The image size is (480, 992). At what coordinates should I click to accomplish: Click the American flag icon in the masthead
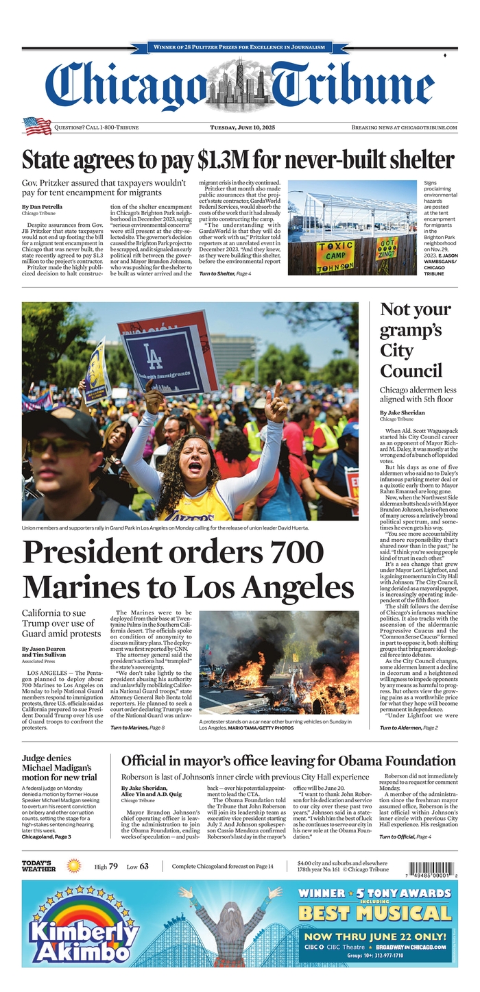(37, 127)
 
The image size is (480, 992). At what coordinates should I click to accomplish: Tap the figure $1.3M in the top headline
(224, 160)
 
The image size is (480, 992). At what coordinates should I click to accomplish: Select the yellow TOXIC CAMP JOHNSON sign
(335, 255)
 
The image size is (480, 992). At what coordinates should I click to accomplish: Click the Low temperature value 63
(144, 867)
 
